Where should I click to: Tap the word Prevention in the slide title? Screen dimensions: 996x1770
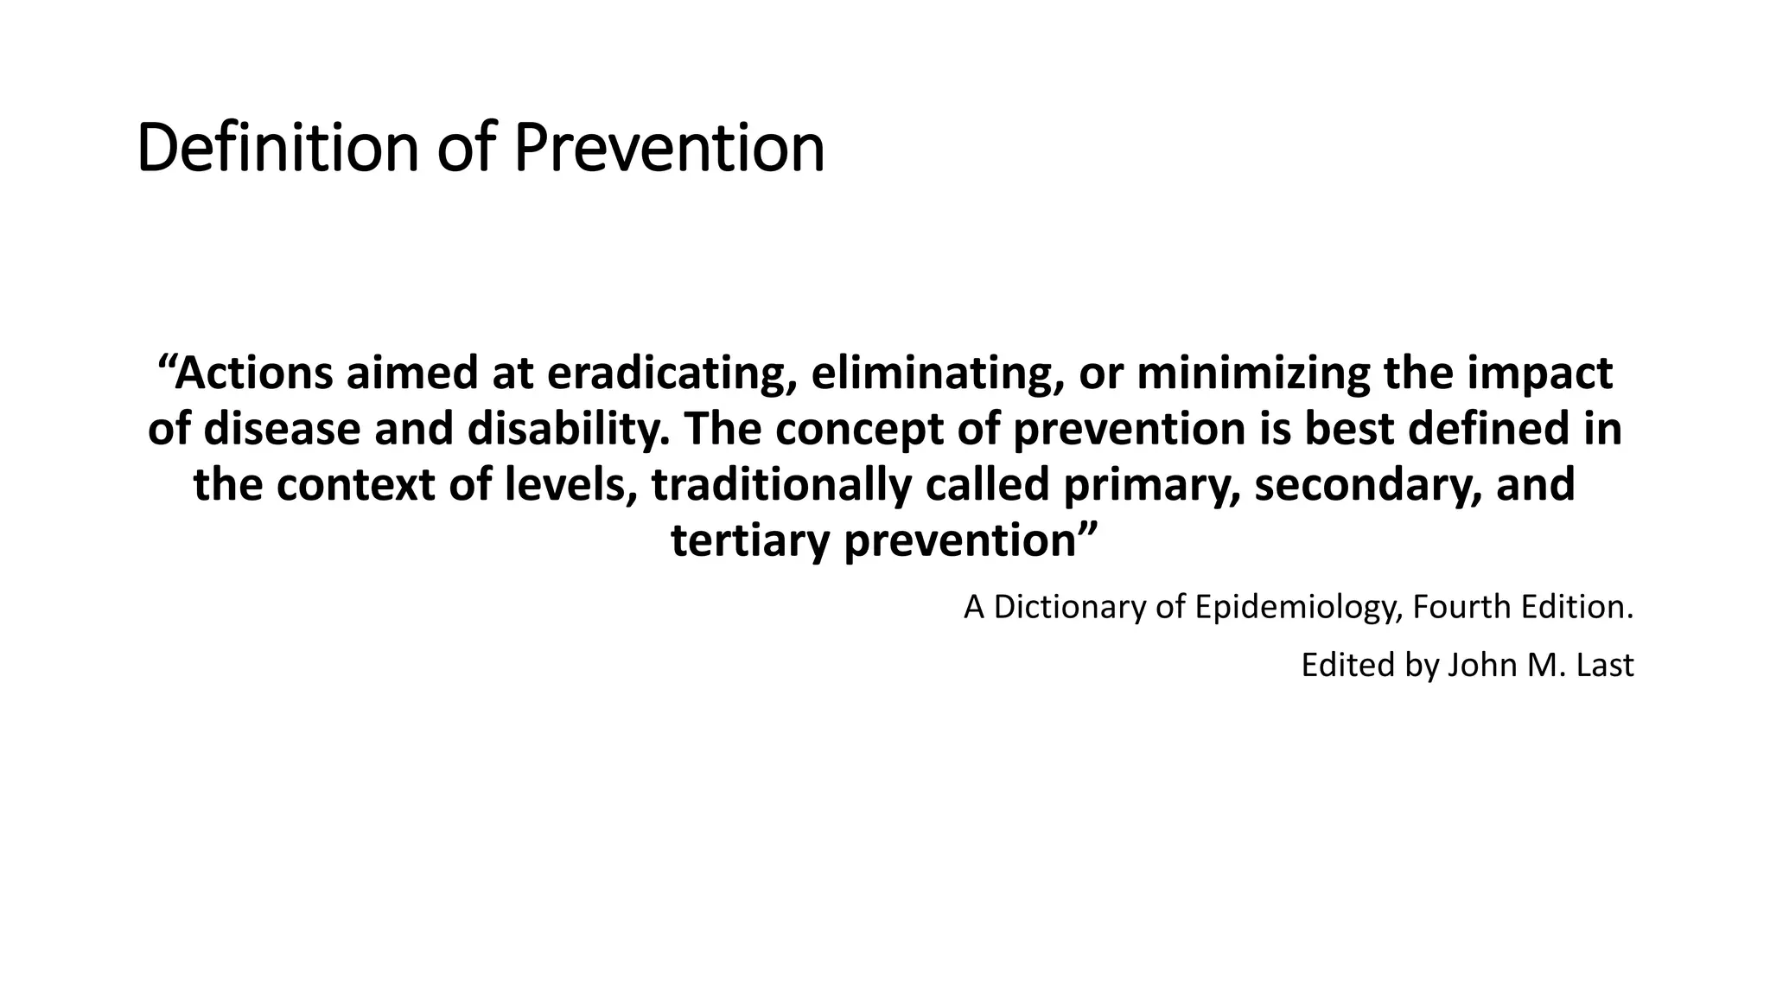point(669,149)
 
